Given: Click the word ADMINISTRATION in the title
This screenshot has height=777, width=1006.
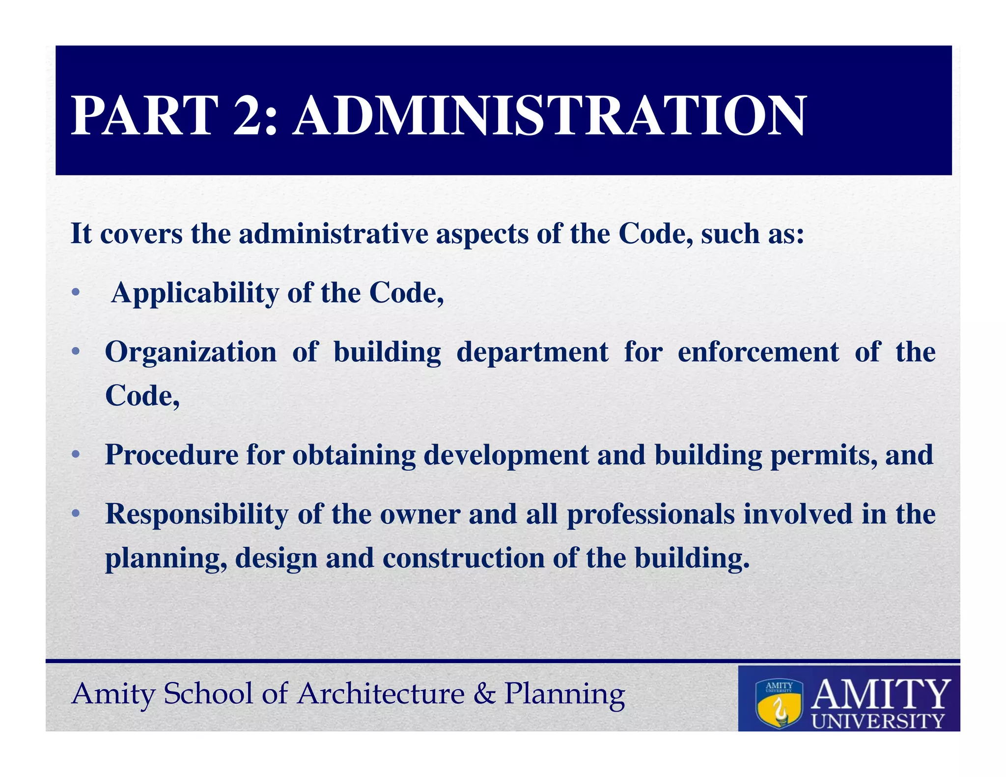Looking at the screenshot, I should point(549,116).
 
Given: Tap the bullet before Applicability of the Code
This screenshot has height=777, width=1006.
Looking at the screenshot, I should point(75,293).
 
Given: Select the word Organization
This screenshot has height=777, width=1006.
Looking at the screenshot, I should point(191,353).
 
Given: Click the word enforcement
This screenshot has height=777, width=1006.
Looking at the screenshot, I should point(758,352).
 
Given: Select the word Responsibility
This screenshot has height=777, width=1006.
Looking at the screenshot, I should point(197,515).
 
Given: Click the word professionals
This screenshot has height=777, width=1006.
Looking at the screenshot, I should point(650,515).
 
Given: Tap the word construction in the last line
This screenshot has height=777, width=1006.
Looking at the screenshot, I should point(463,558).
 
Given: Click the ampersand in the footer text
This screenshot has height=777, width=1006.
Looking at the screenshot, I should point(484,694).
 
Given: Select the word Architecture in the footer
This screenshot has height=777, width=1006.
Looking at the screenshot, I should point(381,694).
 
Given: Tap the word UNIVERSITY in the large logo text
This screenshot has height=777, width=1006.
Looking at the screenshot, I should point(878,721).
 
